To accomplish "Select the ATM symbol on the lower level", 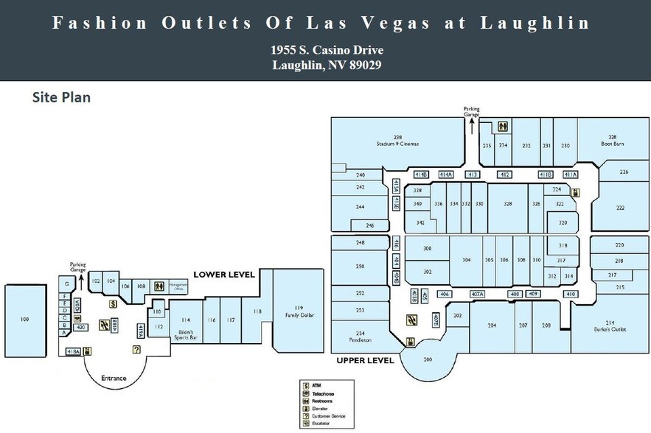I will point(113,303).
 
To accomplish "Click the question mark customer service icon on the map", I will point(136,350).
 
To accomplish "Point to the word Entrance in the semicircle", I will point(114,379).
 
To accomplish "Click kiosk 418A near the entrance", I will point(73,352).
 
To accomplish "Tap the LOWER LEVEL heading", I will point(224,275).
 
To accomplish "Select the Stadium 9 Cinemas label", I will point(397,141).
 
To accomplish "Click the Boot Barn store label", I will point(612,141).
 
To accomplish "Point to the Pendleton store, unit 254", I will point(360,337).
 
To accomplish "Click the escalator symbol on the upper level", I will point(411,320).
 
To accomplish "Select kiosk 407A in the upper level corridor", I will point(477,295).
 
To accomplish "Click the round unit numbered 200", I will point(427,359).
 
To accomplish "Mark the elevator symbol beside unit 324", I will point(575,193).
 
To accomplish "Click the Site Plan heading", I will point(60,97).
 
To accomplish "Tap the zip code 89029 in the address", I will point(361,65).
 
